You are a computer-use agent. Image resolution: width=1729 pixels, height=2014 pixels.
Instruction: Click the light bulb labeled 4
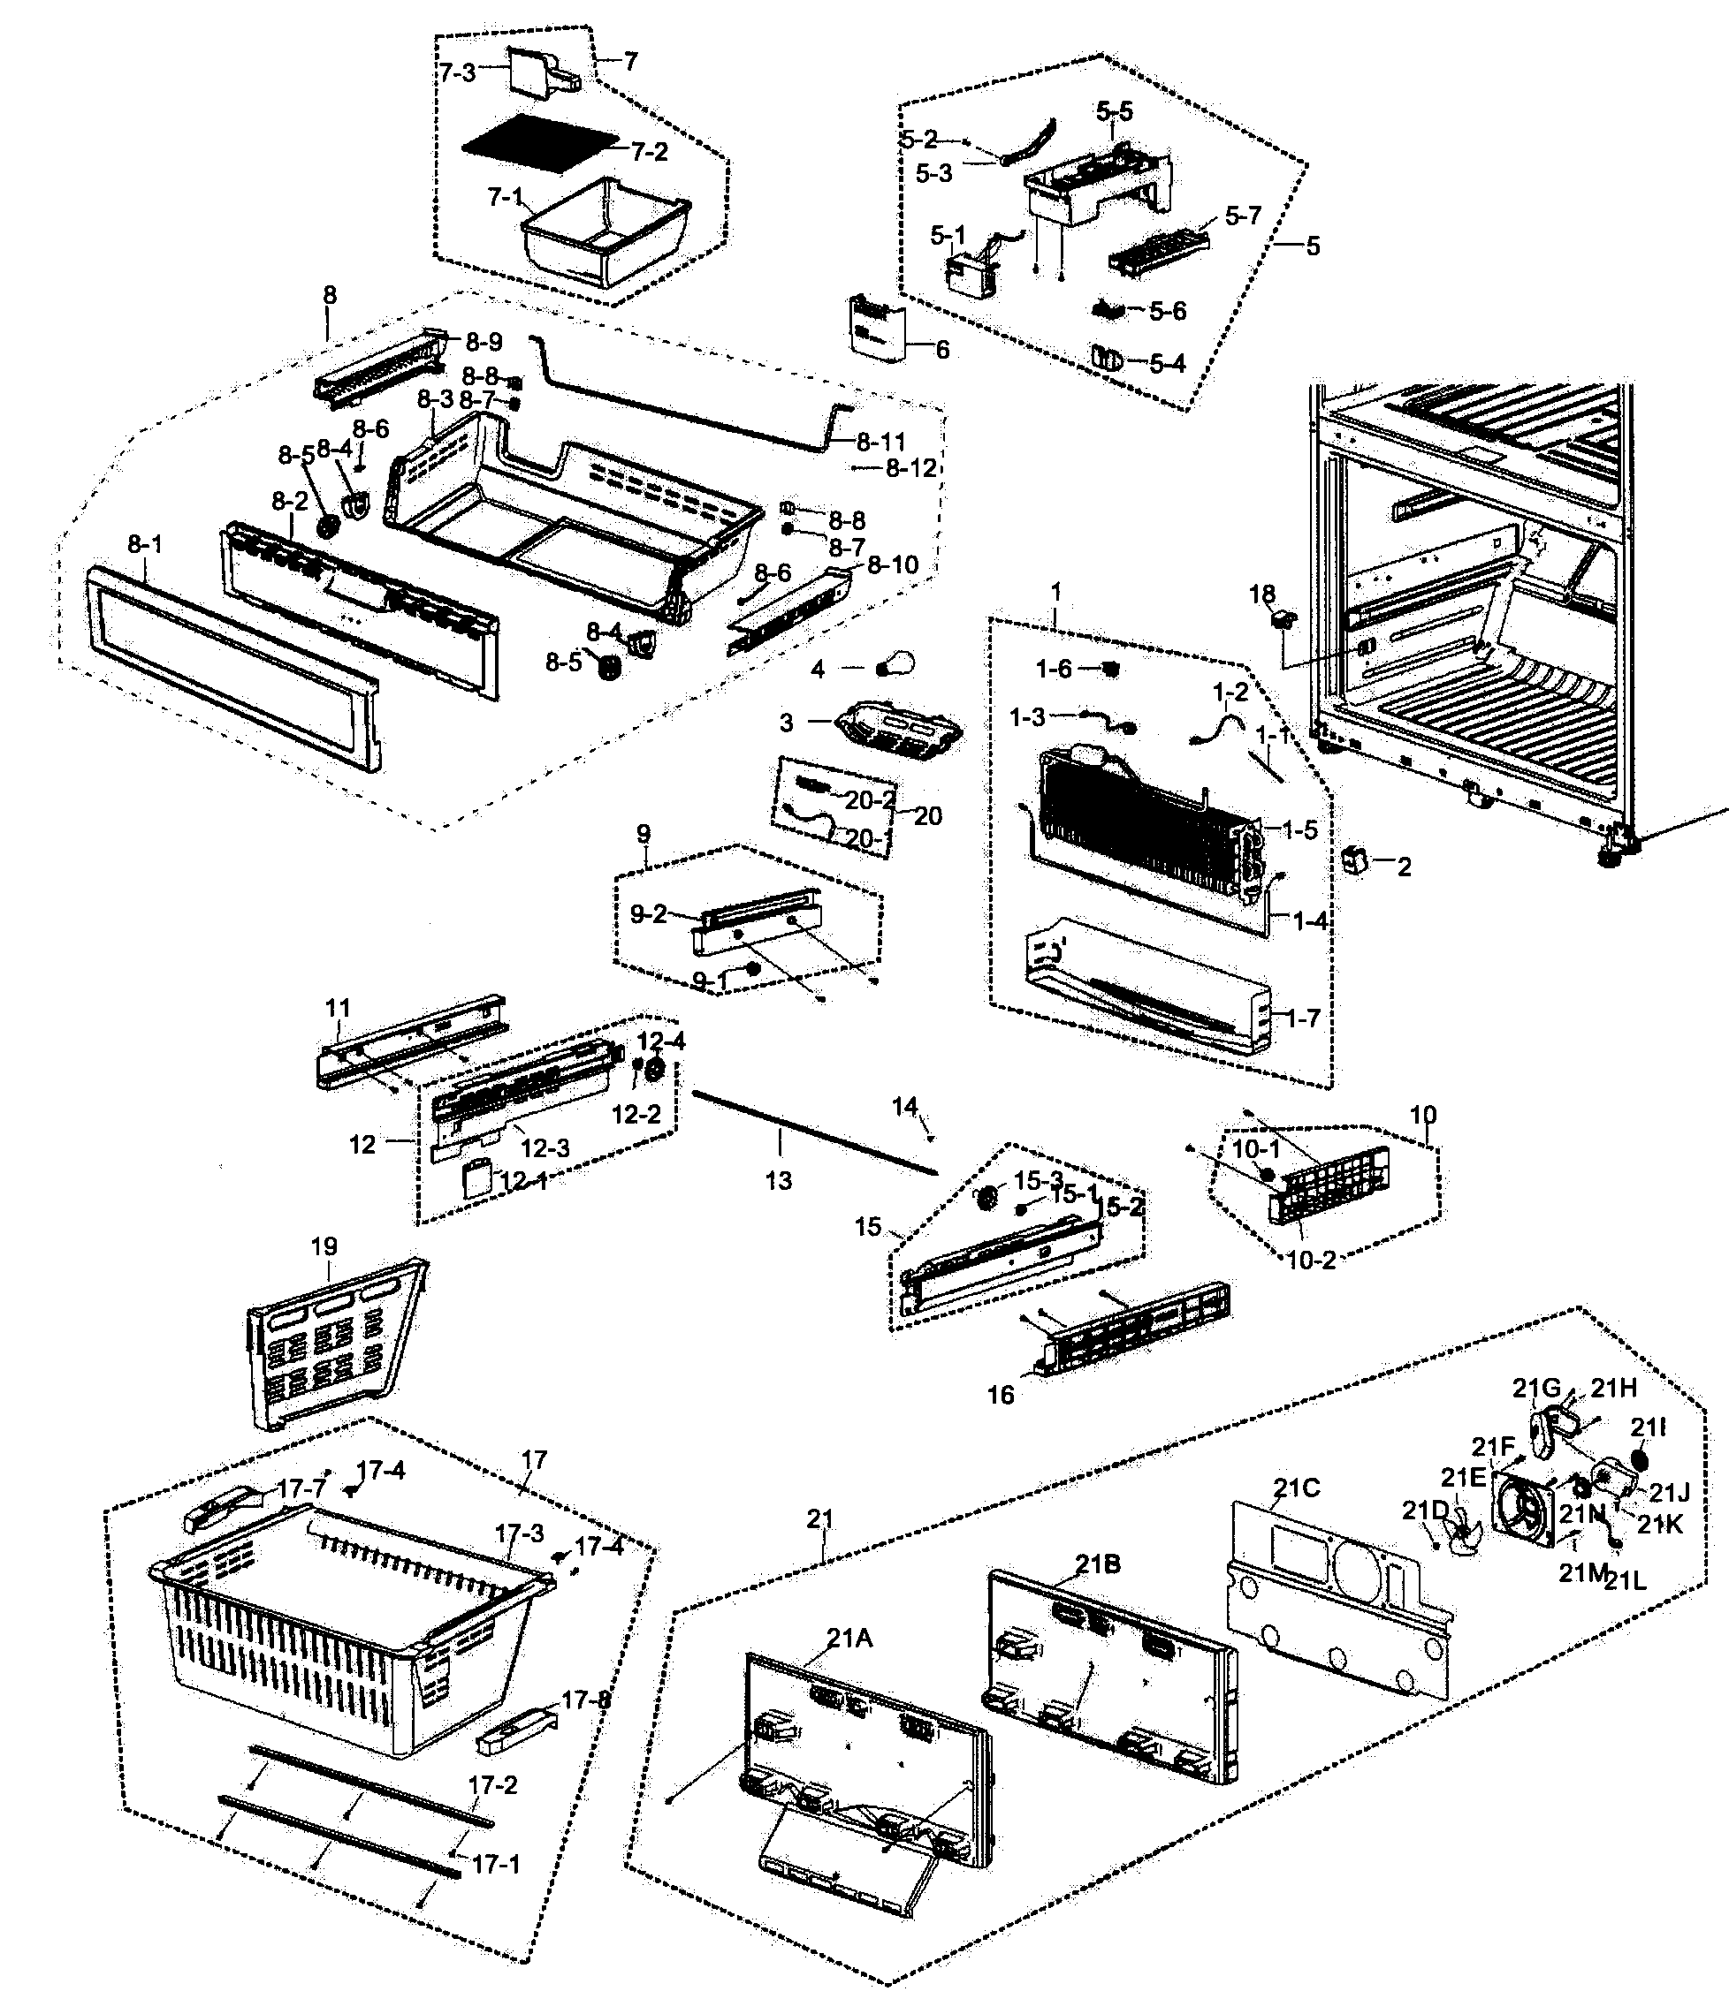click(x=895, y=667)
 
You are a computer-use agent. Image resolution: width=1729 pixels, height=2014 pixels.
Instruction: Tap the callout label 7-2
click(x=650, y=151)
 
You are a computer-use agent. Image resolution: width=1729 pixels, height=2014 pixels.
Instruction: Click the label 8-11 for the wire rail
click(x=881, y=442)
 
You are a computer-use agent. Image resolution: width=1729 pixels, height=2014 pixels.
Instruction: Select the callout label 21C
click(x=1296, y=1488)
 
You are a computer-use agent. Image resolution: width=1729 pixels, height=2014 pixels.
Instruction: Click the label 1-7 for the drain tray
click(x=1304, y=1018)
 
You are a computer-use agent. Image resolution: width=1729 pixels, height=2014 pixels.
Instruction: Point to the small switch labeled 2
click(x=1354, y=860)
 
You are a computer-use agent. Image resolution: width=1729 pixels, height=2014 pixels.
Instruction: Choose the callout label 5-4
click(x=1167, y=364)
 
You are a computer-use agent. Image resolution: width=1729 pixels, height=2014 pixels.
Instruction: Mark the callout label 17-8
click(x=586, y=1700)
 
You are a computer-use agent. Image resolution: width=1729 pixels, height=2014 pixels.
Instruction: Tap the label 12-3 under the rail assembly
click(x=545, y=1148)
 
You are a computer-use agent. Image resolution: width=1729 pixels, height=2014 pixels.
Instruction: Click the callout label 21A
click(x=849, y=1639)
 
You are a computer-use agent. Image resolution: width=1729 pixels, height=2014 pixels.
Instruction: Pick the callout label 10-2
click(x=1311, y=1261)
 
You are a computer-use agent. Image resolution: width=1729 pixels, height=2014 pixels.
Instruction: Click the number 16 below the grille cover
click(x=1001, y=1395)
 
